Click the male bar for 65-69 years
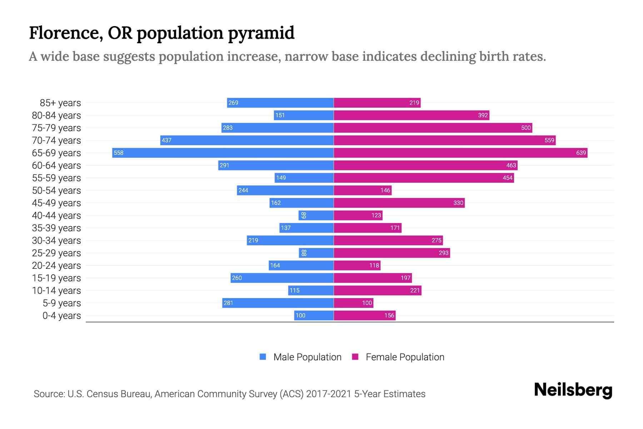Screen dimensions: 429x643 [x=223, y=153]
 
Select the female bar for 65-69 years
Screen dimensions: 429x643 [x=460, y=153]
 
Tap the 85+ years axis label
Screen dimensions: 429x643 [x=60, y=103]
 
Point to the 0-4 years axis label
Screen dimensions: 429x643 [x=61, y=316]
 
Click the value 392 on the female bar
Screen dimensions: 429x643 [x=483, y=115]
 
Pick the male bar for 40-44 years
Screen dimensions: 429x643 [x=316, y=216]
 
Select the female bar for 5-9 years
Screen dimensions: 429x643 [x=353, y=303]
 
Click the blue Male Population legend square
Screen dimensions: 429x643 [x=263, y=357]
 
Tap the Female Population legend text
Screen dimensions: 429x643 [x=405, y=357]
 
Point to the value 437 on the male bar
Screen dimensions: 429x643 [x=166, y=140]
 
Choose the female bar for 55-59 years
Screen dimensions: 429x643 [x=424, y=178]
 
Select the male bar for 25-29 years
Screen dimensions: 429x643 [x=316, y=253]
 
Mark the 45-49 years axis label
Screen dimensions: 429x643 [x=56, y=203]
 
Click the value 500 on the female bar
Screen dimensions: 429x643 [x=526, y=128]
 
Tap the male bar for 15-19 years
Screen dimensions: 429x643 [x=282, y=278]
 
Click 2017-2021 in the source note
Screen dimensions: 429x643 [x=329, y=394]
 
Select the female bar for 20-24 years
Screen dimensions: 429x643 [x=357, y=266]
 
